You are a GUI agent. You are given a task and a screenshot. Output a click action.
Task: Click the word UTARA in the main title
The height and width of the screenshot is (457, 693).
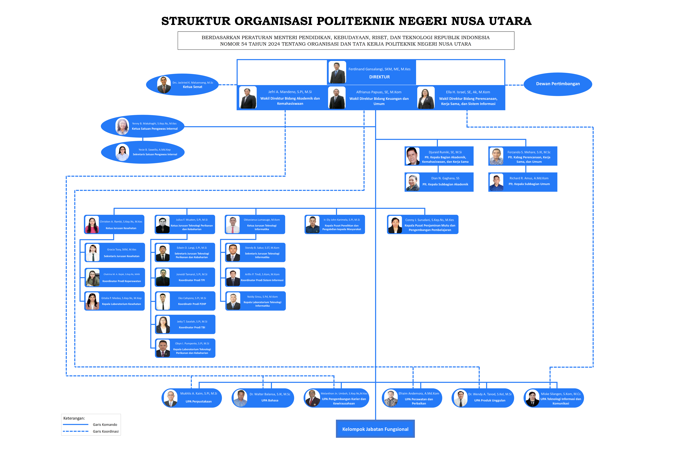(x=510, y=21)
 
